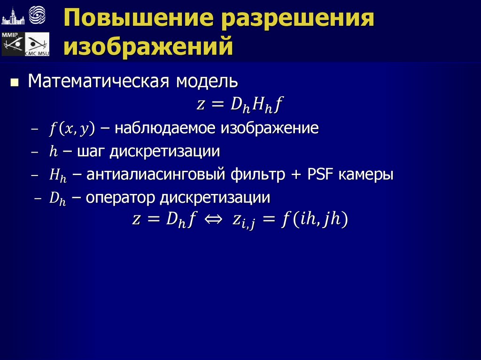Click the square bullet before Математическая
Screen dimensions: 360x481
[x=15, y=83]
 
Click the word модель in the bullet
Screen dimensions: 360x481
[x=207, y=82]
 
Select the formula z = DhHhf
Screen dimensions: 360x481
[x=240, y=105]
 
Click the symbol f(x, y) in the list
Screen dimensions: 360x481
[x=72, y=128]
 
